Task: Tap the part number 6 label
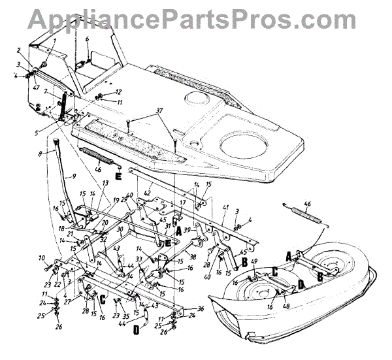(x=87, y=40)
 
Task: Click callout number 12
(x=118, y=92)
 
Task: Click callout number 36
(x=201, y=309)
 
